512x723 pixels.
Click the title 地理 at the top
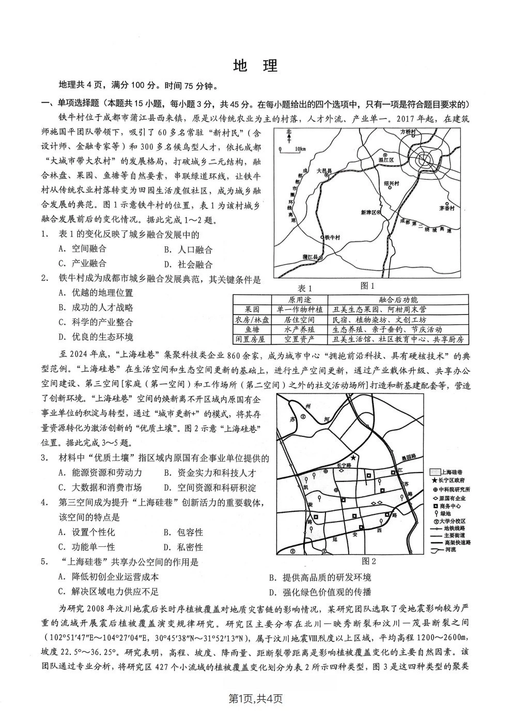coord(256,66)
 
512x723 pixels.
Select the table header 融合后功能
coord(397,300)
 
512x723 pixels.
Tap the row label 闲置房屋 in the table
coord(252,339)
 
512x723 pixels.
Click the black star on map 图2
coord(353,457)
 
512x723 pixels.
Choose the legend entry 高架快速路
coord(449,542)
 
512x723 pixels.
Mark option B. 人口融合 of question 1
coord(189,250)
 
